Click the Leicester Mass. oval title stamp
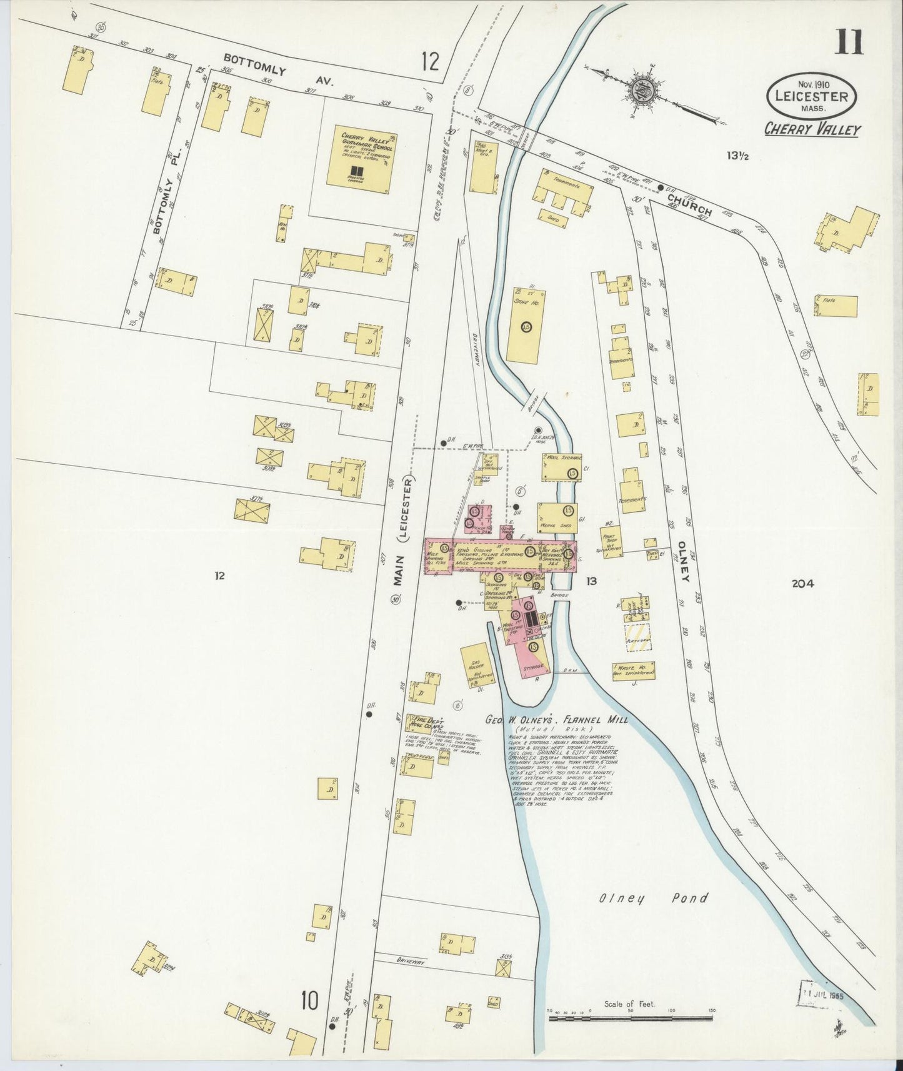click(x=812, y=97)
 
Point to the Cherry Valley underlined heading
click(x=812, y=129)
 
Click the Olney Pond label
click(x=654, y=898)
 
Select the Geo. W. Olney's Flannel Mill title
click(x=556, y=719)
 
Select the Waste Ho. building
click(x=633, y=670)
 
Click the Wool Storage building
click(x=561, y=467)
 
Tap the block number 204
click(x=802, y=584)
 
